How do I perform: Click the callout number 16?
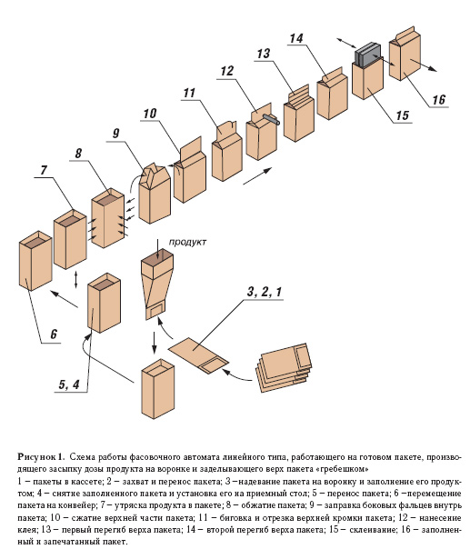pyautogui.click(x=438, y=99)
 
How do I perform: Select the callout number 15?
pyautogui.click(x=402, y=115)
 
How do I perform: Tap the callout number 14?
pyautogui.click(x=296, y=38)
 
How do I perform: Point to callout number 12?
pyautogui.click(x=226, y=71)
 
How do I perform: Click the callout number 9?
pyautogui.click(x=115, y=134)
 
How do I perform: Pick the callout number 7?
pyautogui.click(x=44, y=170)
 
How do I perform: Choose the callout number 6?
pyautogui.click(x=54, y=334)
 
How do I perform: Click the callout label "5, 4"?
pyautogui.click(x=69, y=384)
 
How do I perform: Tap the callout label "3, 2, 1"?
pyautogui.click(x=264, y=292)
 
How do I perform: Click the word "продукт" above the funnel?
pyautogui.click(x=187, y=242)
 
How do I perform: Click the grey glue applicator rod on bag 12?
pyautogui.click(x=272, y=119)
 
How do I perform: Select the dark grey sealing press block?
pyautogui.click(x=367, y=55)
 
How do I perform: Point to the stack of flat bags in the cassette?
pyautogui.click(x=285, y=367)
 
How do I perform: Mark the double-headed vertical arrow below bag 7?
pyautogui.click(x=75, y=280)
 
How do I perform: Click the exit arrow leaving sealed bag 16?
pyautogui.click(x=424, y=65)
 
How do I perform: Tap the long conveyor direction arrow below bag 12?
pyautogui.click(x=256, y=176)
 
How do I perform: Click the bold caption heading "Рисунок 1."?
pyautogui.click(x=42, y=456)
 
